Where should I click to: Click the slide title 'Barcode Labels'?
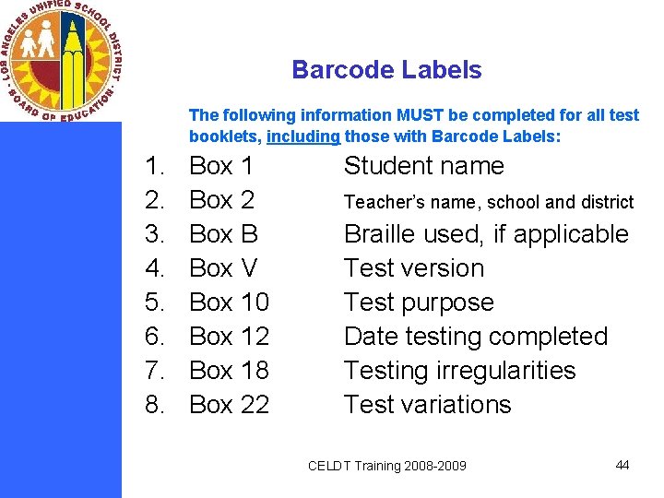tap(386, 70)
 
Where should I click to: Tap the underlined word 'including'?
tap(303, 136)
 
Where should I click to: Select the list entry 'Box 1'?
tap(220, 167)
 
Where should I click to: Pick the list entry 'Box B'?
tap(223, 234)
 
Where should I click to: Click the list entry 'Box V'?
tap(223, 268)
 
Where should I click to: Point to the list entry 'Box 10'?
tap(229, 302)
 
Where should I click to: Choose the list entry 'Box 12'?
tap(229, 337)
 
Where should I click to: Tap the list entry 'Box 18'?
tap(229, 371)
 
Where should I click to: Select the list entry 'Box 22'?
tap(229, 405)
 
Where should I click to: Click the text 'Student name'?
tap(423, 167)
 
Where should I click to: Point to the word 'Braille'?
tap(379, 234)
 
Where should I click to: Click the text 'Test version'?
tap(413, 268)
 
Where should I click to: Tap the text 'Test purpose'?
tap(419, 302)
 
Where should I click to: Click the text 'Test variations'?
tap(427, 405)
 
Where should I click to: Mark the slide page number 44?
tap(622, 465)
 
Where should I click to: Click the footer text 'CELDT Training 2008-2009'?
tap(386, 466)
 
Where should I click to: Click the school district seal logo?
tap(61, 61)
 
